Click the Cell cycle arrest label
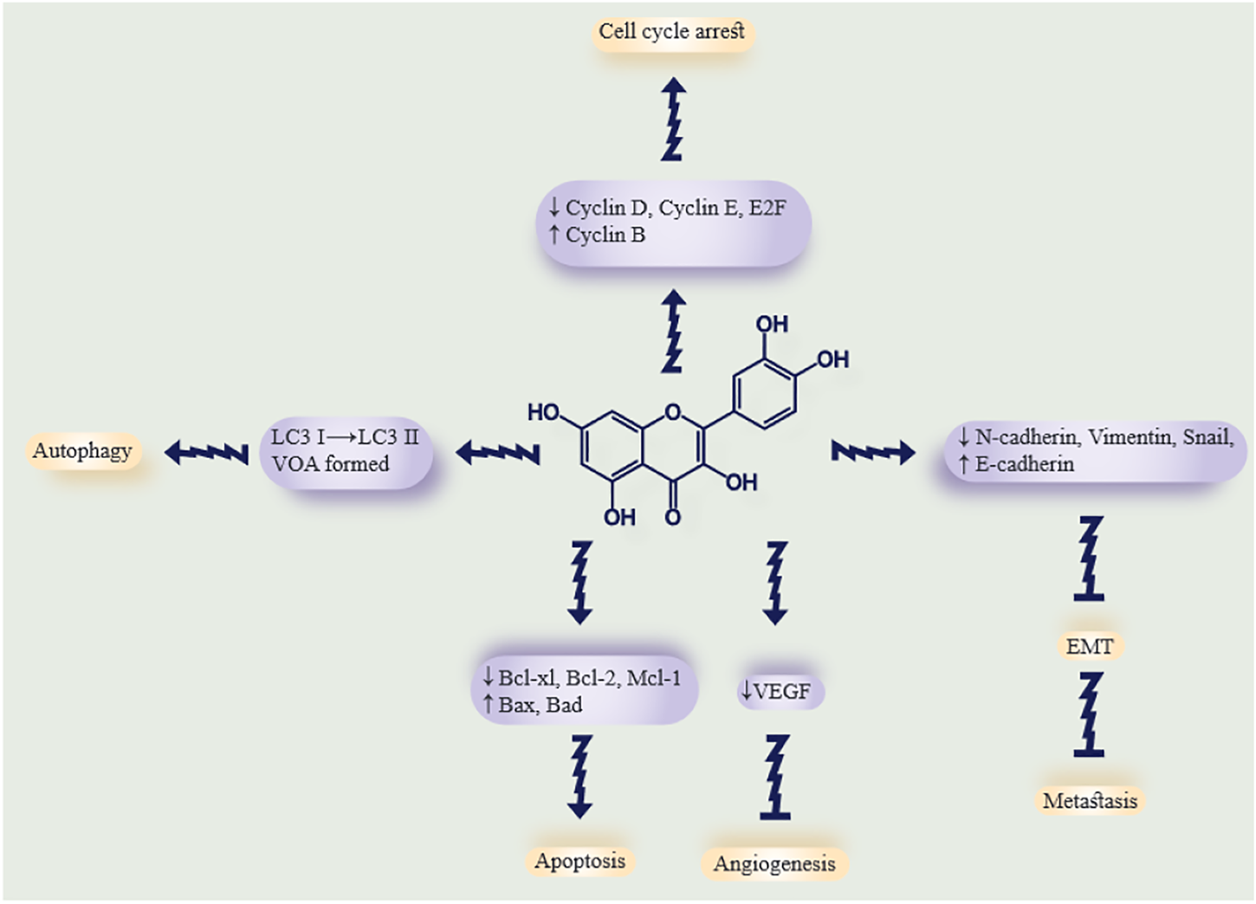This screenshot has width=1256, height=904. (x=671, y=32)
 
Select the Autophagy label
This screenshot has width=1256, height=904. (x=82, y=451)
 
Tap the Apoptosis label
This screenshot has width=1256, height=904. (x=579, y=861)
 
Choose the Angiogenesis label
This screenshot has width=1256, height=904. (x=774, y=863)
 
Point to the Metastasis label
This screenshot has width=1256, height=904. (x=1090, y=800)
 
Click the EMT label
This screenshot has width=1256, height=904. (x=1089, y=646)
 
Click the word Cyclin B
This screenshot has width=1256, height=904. (x=605, y=235)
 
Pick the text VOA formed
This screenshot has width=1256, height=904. (x=330, y=464)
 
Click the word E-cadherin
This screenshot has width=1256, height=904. (x=1024, y=464)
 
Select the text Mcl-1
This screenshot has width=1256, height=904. (x=653, y=678)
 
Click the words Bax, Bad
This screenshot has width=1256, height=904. (x=540, y=705)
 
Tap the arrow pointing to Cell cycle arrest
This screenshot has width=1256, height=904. (x=673, y=119)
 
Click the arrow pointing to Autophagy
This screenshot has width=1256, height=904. (x=206, y=451)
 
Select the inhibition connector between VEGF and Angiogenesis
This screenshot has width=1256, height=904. (x=775, y=776)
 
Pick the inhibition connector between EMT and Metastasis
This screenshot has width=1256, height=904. (x=1089, y=715)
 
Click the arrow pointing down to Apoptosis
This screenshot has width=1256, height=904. (x=579, y=776)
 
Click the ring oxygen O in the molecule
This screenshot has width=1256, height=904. (x=674, y=410)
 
